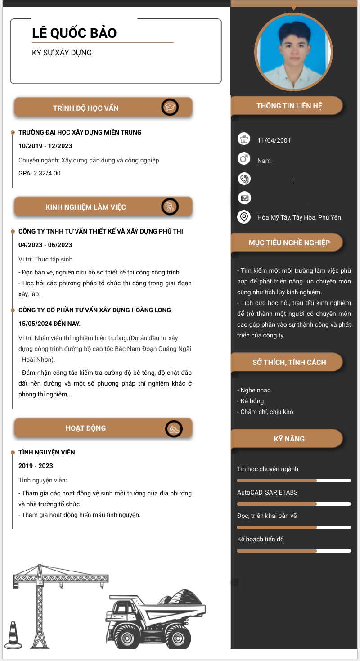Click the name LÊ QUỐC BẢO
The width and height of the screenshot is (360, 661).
(x=74, y=33)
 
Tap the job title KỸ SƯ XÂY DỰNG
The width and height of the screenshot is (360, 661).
(x=62, y=53)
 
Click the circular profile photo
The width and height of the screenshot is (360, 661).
(x=294, y=50)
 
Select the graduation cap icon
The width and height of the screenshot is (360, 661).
(x=170, y=107)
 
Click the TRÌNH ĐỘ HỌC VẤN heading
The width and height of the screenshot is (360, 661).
(x=85, y=108)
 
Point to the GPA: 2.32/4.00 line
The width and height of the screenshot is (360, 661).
(x=39, y=173)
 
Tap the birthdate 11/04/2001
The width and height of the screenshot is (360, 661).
(x=274, y=140)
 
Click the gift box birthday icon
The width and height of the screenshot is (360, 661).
(x=244, y=139)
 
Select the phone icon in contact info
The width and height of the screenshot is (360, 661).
(x=244, y=179)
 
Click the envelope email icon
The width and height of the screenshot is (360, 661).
(x=244, y=198)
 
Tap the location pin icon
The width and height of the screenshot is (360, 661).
(x=244, y=217)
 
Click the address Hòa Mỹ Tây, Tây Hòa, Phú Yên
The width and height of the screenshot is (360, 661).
(x=300, y=218)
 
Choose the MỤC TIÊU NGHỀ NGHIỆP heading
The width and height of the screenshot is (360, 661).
(x=289, y=243)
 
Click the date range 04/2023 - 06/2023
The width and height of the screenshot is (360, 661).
(x=45, y=245)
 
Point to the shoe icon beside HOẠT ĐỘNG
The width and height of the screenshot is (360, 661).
(x=174, y=428)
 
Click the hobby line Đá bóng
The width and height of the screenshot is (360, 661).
(x=252, y=401)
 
